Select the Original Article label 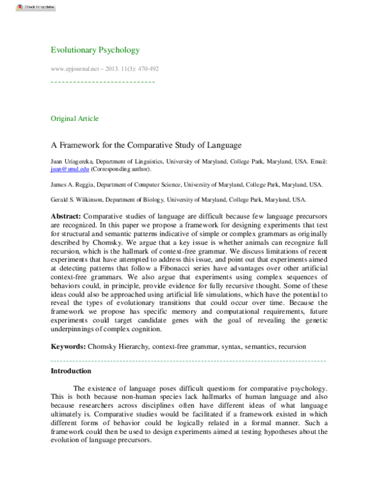pyautogui.click(x=74, y=118)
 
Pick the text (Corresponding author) pyautogui.click(x=120, y=169)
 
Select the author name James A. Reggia pyautogui.click(x=71, y=185)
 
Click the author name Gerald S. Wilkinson pyautogui.click(x=74, y=200)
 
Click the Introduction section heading pyautogui.click(x=70, y=371)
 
